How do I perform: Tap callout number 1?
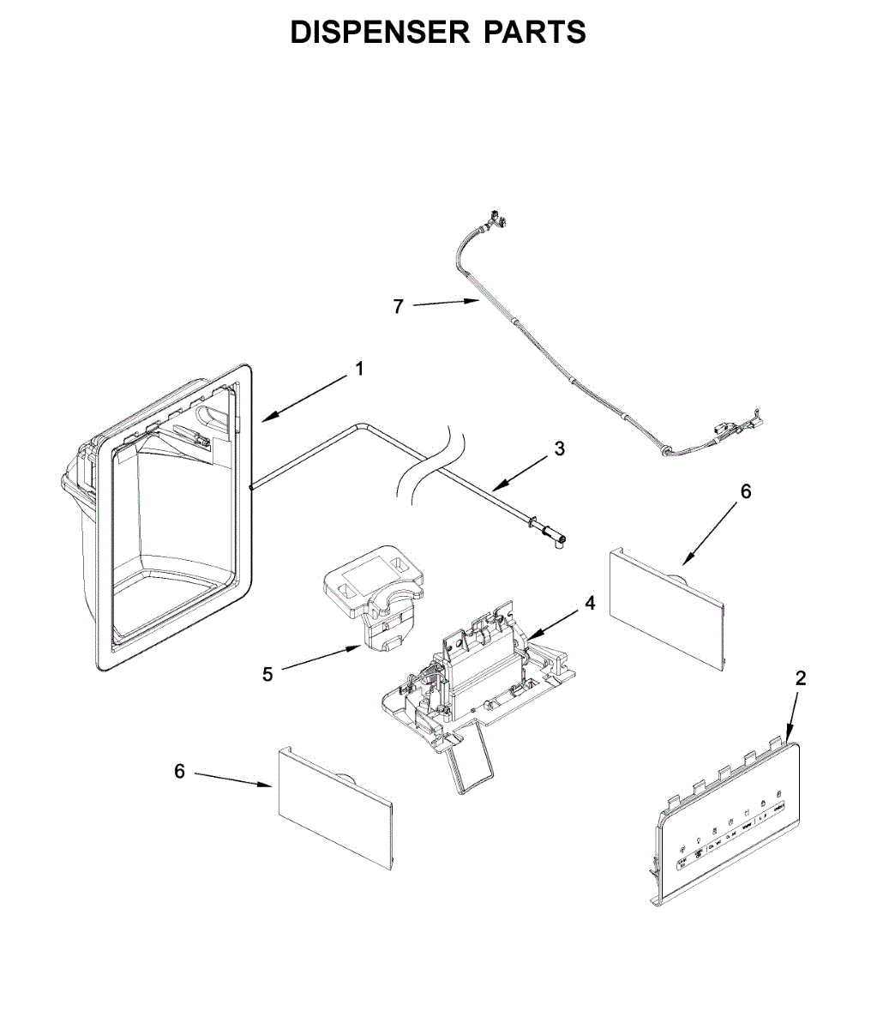click(x=360, y=369)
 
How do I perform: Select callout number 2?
click(x=801, y=678)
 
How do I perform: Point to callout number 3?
click(x=559, y=448)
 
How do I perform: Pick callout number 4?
click(x=590, y=604)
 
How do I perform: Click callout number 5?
click(x=268, y=675)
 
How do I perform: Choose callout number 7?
click(x=398, y=306)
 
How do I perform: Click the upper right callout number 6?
click(x=745, y=491)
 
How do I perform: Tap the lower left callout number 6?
click(x=179, y=772)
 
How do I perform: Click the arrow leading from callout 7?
click(x=444, y=303)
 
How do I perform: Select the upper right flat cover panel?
click(x=667, y=610)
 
